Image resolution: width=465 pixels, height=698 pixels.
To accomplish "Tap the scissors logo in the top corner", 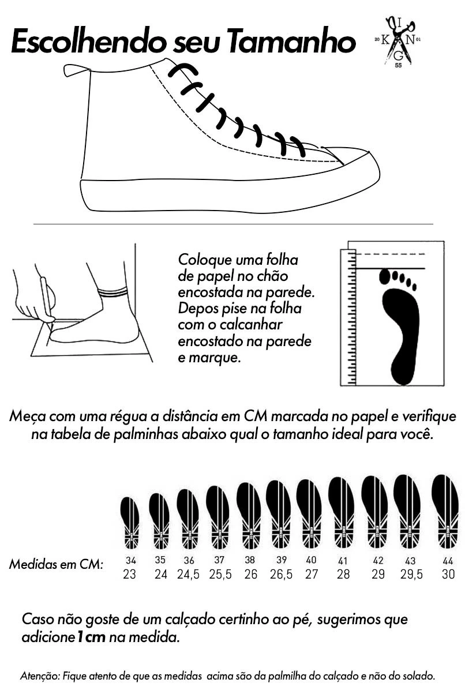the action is click(398, 41).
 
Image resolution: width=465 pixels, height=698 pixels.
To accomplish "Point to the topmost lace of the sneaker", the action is click(183, 70).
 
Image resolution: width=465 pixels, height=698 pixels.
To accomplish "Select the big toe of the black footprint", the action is click(385, 276).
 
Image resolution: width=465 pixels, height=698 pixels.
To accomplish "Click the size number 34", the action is click(131, 561).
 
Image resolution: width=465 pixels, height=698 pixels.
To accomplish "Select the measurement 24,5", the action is click(188, 575).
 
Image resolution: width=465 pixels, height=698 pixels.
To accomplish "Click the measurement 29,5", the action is click(411, 575).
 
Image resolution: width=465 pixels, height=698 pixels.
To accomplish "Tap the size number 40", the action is click(311, 560).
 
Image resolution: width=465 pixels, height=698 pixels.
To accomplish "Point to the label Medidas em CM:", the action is click(56, 564).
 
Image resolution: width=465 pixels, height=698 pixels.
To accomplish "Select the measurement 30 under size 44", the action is click(448, 575).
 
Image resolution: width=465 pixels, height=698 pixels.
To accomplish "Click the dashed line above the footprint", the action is click(391, 254).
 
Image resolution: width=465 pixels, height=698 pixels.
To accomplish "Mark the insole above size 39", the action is click(278, 515).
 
